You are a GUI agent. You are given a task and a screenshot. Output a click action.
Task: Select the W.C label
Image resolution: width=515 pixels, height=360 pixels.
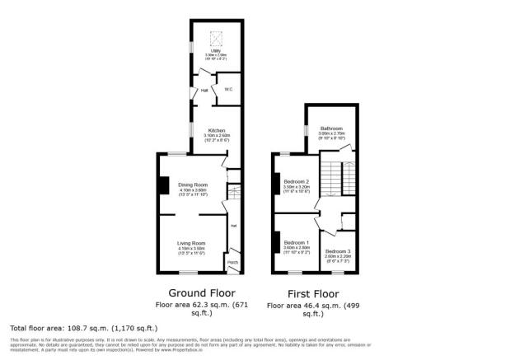coord(227,90)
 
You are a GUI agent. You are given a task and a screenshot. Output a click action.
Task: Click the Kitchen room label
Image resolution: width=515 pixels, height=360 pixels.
coord(217,130)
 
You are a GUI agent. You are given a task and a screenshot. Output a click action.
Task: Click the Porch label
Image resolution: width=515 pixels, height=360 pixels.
coord(233,264)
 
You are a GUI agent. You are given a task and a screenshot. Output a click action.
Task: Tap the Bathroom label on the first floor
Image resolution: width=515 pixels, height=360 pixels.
coord(331,129)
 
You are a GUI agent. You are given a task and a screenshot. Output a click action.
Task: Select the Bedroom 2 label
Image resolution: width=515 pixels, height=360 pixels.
coord(297,181)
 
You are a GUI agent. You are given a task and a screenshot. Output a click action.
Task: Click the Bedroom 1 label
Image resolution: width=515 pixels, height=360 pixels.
coord(297,243)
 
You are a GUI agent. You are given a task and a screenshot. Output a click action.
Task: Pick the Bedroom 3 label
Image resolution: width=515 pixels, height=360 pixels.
coord(337,250)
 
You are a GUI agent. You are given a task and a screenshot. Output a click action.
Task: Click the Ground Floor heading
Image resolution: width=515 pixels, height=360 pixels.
coord(202,292)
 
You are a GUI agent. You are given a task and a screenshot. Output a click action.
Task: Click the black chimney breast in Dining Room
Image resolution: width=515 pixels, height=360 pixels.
coord(163,185)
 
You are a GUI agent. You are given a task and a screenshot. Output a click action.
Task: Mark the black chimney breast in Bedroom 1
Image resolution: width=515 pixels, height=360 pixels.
coord(275,242)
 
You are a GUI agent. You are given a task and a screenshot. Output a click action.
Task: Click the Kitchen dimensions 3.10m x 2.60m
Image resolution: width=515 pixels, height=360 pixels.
coord(217,136)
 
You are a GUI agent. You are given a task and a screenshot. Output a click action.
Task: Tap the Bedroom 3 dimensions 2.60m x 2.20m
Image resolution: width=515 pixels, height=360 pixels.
coord(337,256)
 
